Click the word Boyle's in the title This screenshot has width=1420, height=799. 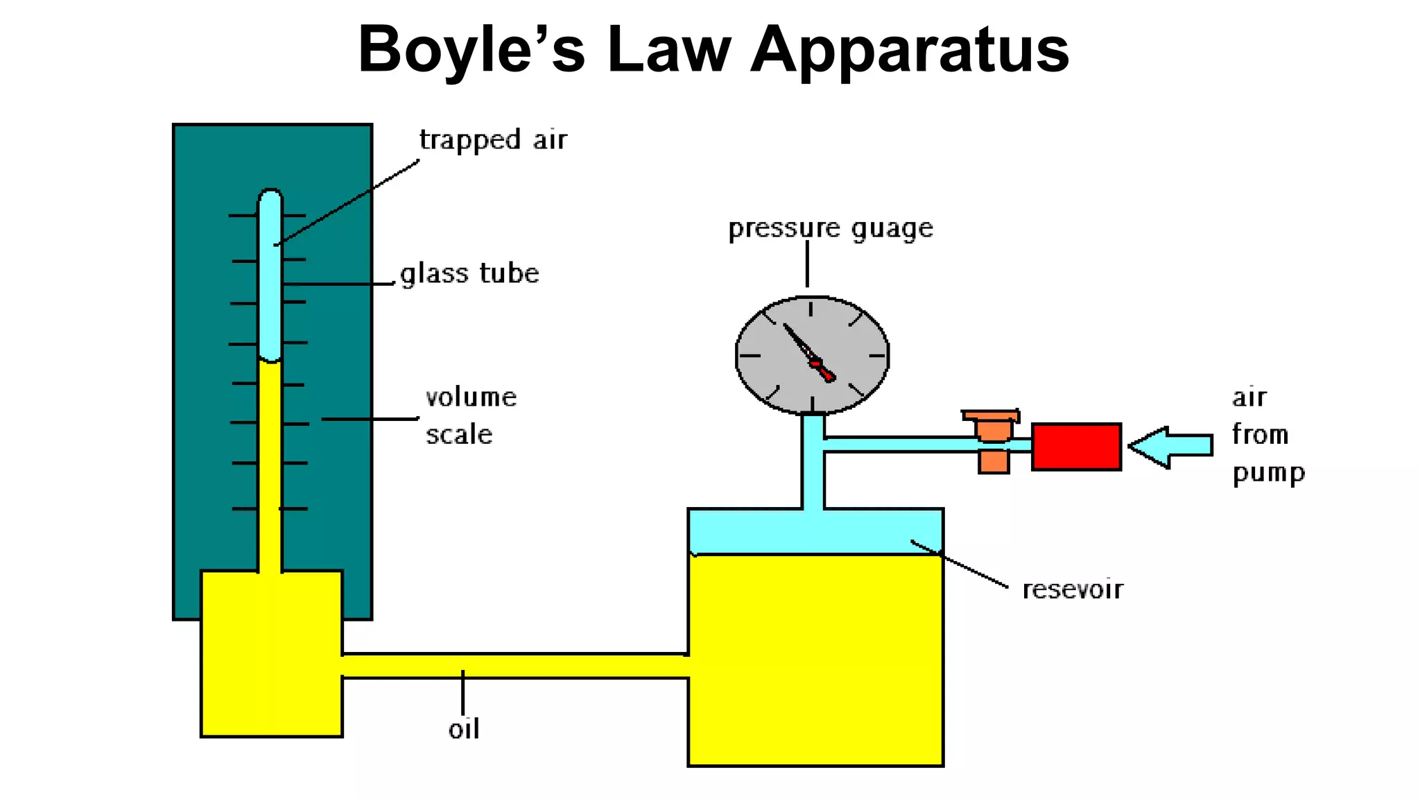click(471, 50)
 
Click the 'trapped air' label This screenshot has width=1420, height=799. click(493, 140)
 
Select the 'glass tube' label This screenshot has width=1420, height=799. click(469, 273)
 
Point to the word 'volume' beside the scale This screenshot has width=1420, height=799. click(471, 397)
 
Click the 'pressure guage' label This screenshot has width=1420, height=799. click(830, 228)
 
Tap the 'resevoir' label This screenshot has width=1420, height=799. click(1072, 589)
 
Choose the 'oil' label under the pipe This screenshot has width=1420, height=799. click(463, 729)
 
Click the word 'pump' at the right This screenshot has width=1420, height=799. click(1268, 473)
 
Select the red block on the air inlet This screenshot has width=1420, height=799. click(1076, 447)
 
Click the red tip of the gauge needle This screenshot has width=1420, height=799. click(826, 375)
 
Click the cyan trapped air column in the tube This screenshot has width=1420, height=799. click(270, 291)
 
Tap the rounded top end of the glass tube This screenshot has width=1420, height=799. click(270, 196)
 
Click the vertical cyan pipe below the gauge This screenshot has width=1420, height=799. click(813, 472)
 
